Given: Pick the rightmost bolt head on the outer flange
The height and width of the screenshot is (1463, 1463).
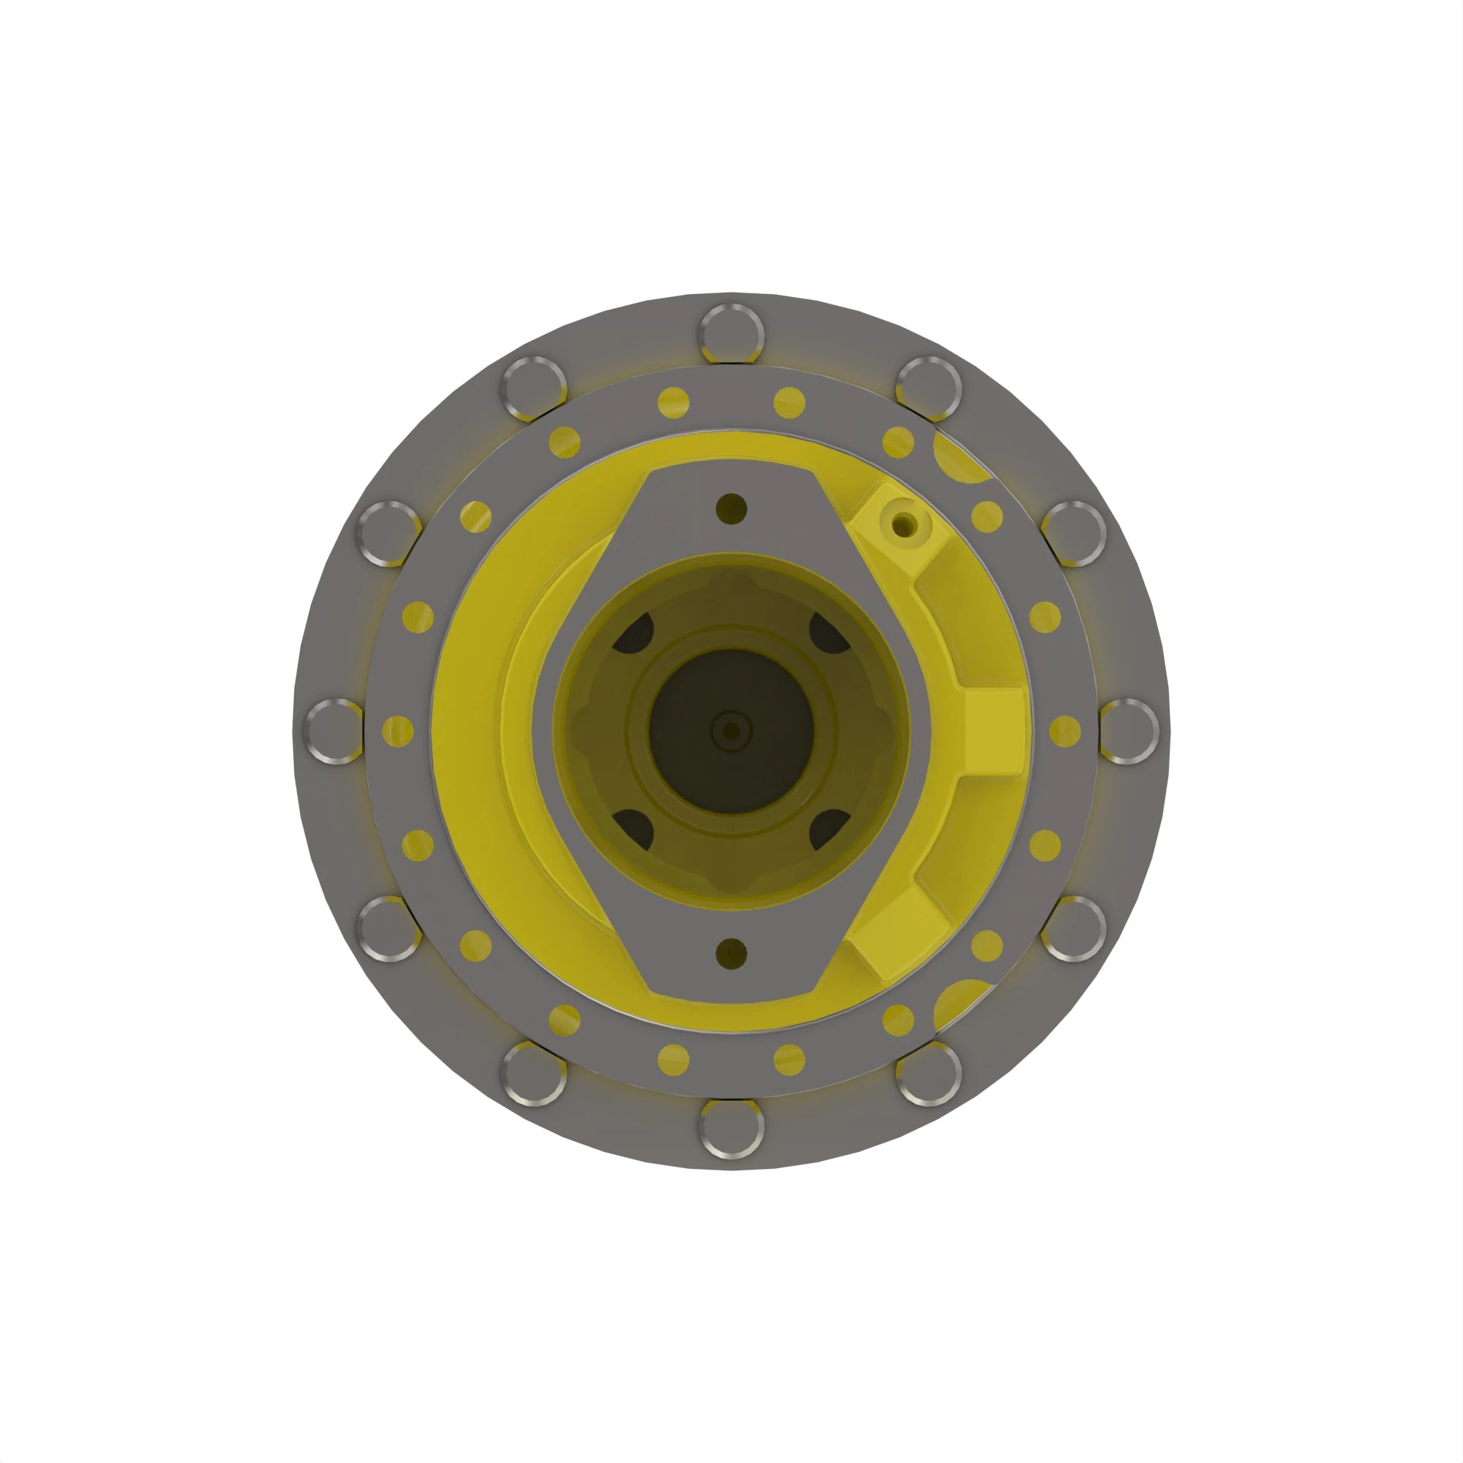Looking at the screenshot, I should click(1127, 731).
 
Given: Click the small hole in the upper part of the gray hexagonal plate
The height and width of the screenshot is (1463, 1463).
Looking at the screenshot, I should click(731, 508).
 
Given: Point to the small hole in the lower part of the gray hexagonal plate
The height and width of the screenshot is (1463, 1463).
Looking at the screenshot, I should click(731, 953).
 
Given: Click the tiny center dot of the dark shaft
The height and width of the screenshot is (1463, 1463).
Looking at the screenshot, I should click(731, 731).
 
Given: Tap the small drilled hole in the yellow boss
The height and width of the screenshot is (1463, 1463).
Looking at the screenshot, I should click(903, 523).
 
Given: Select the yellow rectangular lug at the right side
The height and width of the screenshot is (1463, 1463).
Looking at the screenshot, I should click(993, 731).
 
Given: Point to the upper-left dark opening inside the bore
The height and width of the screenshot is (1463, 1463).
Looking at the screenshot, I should click(634, 633).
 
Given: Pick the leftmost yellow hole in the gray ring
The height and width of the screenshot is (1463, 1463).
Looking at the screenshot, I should click(396, 731).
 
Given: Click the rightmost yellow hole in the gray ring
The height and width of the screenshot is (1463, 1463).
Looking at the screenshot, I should click(1064, 731).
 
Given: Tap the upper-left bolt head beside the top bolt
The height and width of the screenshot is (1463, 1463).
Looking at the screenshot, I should click(534, 388).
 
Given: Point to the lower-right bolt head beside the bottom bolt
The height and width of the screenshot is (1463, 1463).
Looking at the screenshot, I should click(928, 1074).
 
